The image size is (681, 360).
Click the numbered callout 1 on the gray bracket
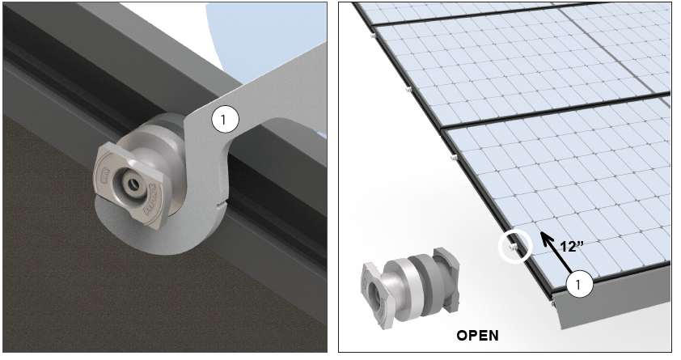click(x=225, y=119)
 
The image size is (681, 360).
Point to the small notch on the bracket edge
click(x=222, y=203)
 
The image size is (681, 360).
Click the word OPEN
click(x=477, y=335)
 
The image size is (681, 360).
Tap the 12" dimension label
click(x=572, y=246)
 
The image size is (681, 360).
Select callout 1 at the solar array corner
click(x=579, y=285)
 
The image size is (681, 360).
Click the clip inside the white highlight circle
click(x=513, y=248)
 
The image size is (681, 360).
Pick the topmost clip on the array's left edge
click(x=373, y=36)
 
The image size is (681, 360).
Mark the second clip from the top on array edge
click(x=408, y=90)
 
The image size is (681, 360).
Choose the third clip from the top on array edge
click(x=454, y=157)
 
